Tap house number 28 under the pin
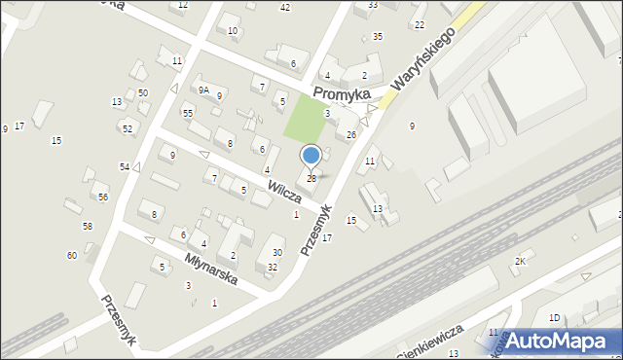tap(311, 178)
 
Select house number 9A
tap(203, 90)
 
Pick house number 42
tap(285, 8)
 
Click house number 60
tap(71, 255)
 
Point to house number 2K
tap(520, 262)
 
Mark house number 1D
tap(554, 317)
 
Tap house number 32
tap(273, 267)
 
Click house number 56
tap(103, 197)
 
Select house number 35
tap(378, 36)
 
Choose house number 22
tap(419, 24)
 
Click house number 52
tap(127, 128)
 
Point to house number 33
tap(373, 5)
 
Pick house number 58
tap(88, 226)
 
